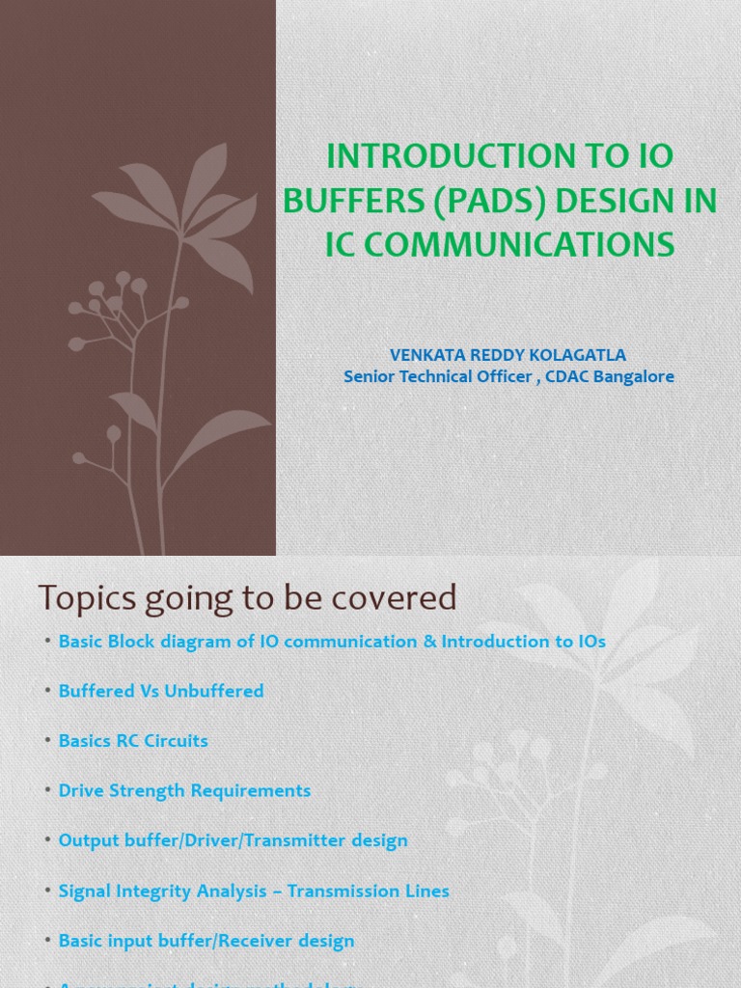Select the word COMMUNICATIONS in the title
coord(517,245)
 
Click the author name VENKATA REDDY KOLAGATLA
coord(508,355)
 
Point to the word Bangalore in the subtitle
coord(631,376)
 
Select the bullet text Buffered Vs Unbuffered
coord(161,691)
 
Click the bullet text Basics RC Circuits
coord(133,741)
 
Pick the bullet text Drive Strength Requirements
coord(184,791)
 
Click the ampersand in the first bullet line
coord(429,642)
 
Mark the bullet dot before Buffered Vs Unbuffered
coord(47,692)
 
